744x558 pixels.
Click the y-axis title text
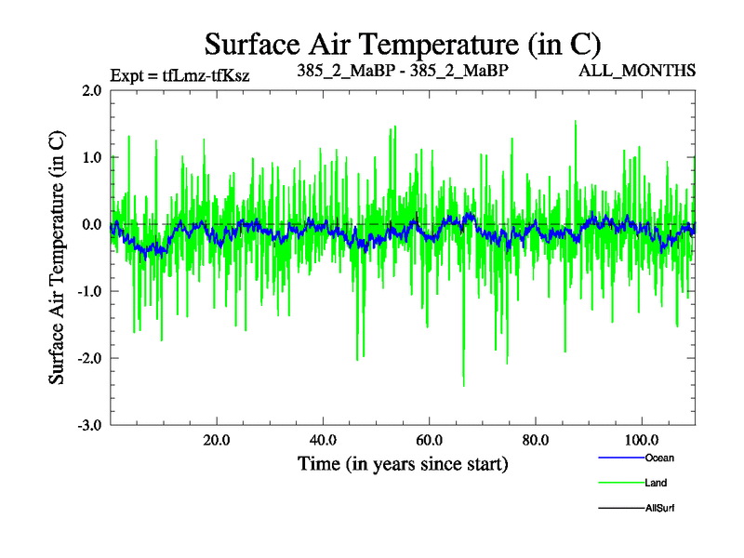click(57, 257)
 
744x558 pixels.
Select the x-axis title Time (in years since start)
click(402, 463)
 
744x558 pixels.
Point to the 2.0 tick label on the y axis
click(91, 91)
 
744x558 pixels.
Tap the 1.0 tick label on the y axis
click(91, 157)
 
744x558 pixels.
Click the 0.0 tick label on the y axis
click(91, 224)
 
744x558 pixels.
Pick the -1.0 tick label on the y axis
click(88, 291)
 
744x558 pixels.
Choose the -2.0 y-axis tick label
click(88, 358)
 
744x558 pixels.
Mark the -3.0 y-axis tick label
click(88, 425)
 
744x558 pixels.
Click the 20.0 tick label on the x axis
click(217, 439)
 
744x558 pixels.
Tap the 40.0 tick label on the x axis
click(323, 439)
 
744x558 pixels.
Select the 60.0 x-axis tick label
click(429, 439)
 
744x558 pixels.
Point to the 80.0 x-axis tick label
click(535, 439)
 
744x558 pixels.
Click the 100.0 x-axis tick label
click(641, 439)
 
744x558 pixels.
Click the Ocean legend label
click(658, 458)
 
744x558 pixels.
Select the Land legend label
click(656, 483)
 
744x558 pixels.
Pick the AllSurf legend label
click(658, 508)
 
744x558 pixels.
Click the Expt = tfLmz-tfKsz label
click(179, 74)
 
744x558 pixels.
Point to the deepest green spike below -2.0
click(463, 383)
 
